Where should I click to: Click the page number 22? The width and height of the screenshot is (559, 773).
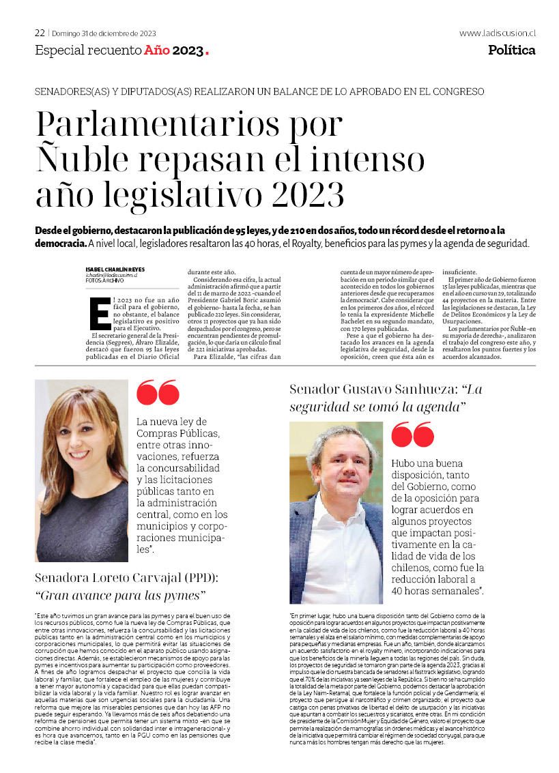coord(40,33)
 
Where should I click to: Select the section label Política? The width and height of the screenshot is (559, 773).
coord(511,50)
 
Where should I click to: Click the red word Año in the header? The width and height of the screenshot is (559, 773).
coord(156,50)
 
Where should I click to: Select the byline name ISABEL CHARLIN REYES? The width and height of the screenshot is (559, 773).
coord(115,269)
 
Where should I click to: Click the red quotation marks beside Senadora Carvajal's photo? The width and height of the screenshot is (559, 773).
coord(158,393)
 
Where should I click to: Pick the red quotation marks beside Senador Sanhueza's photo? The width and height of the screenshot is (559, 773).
coord(412,435)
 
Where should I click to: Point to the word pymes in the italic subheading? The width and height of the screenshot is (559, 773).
coord(184,596)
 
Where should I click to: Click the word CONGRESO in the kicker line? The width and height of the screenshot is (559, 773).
coord(459,91)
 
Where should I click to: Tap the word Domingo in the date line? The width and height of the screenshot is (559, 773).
coord(68,33)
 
